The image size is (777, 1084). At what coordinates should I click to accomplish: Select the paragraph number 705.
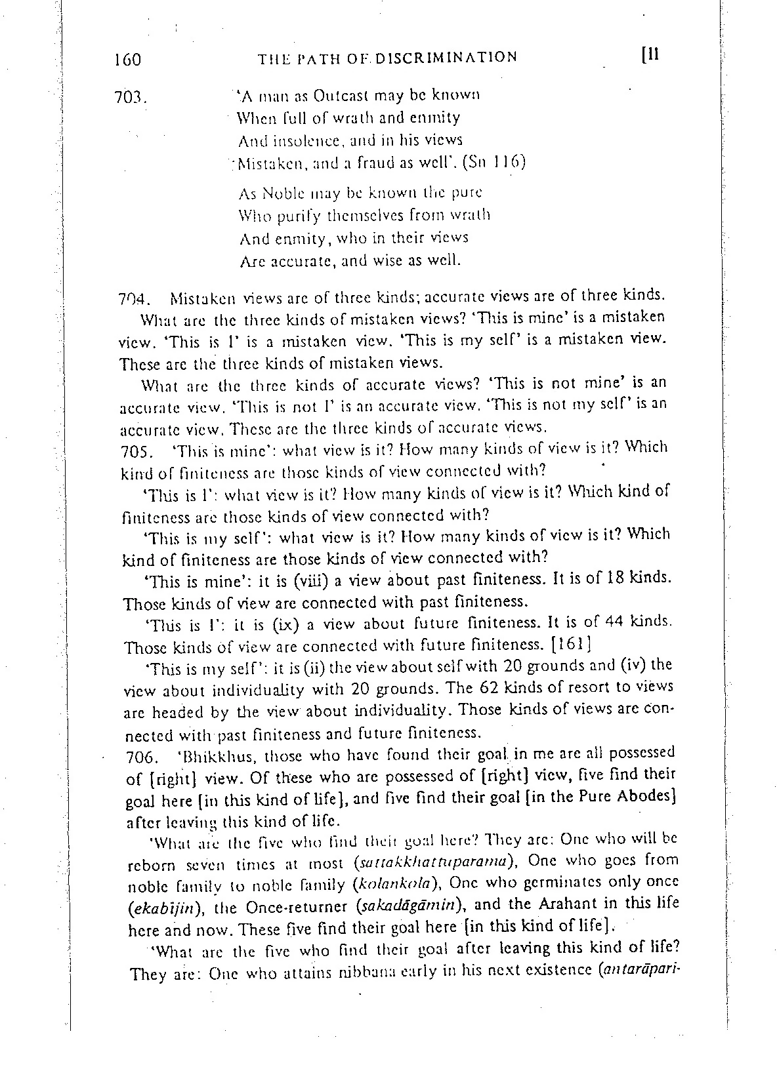(x=137, y=452)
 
